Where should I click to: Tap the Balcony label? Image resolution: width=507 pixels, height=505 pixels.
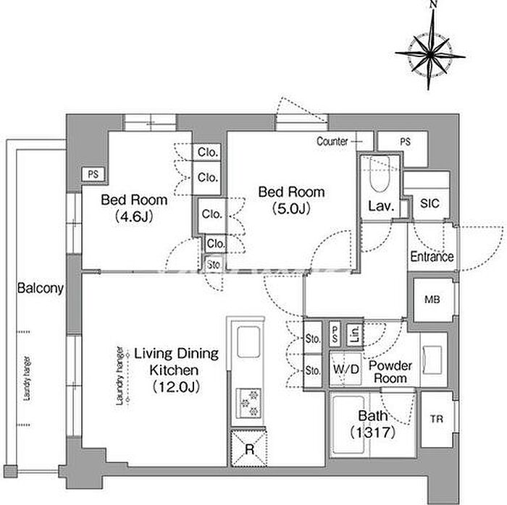[41, 288]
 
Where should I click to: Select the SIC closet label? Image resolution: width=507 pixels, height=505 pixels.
[430, 204]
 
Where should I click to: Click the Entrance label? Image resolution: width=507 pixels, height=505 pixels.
[432, 256]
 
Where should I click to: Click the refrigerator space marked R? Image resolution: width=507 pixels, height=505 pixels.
[248, 449]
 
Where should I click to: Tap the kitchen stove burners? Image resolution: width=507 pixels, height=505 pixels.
[248, 402]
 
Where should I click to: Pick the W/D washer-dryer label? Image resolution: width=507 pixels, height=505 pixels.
[345, 370]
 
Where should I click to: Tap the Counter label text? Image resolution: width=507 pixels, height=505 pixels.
[332, 141]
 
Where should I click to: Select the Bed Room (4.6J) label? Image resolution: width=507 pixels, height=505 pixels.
[134, 207]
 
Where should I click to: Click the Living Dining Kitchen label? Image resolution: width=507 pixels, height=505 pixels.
[173, 370]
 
